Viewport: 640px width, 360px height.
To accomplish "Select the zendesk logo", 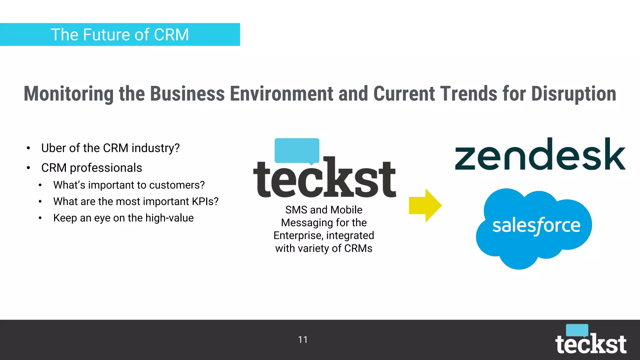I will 540,155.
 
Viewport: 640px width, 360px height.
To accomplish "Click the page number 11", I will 303,340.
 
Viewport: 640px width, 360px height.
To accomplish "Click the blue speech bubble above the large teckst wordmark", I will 297,150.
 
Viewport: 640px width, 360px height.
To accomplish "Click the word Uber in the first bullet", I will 53,148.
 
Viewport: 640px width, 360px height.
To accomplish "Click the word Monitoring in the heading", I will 68,94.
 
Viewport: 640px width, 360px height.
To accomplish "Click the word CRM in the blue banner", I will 171,35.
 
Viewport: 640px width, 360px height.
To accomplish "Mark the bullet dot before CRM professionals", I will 28,168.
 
